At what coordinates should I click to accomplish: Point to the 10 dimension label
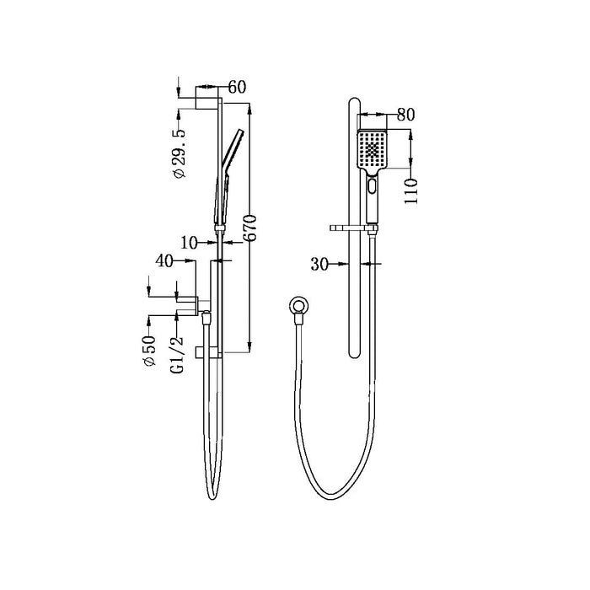pyautogui.click(x=189, y=243)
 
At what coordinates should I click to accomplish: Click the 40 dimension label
pyautogui.click(x=165, y=262)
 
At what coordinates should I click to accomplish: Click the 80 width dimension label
pyautogui.click(x=405, y=115)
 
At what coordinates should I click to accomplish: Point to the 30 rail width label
pyautogui.click(x=319, y=265)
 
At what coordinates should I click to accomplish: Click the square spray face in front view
pyautogui.click(x=372, y=149)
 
